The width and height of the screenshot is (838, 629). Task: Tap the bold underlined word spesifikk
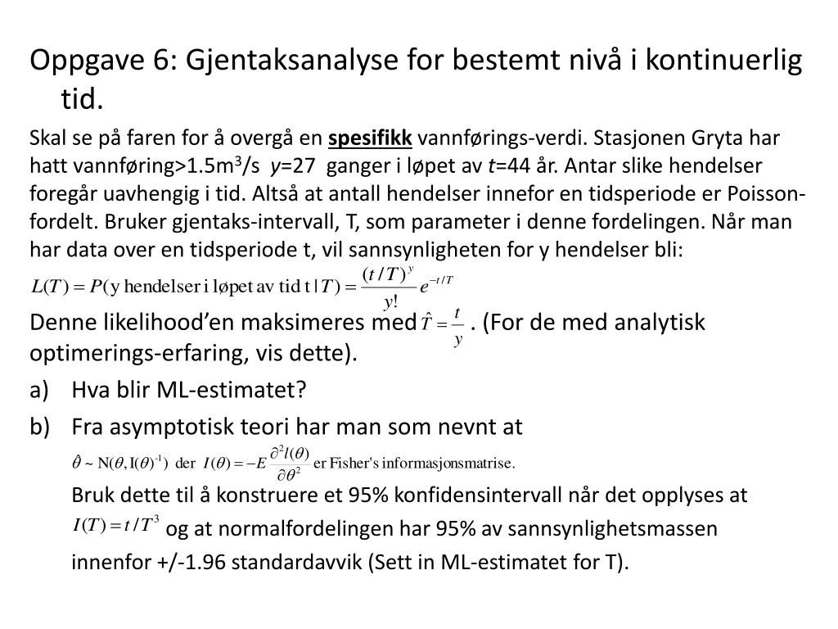pos(371,137)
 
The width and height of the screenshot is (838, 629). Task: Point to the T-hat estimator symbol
pos(428,324)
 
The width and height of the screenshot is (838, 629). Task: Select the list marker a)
pos(40,391)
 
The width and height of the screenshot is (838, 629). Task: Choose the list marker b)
pos(40,428)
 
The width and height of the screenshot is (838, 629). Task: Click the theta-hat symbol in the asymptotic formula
pos(76,463)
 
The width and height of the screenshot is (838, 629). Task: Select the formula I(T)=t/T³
pos(115,525)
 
